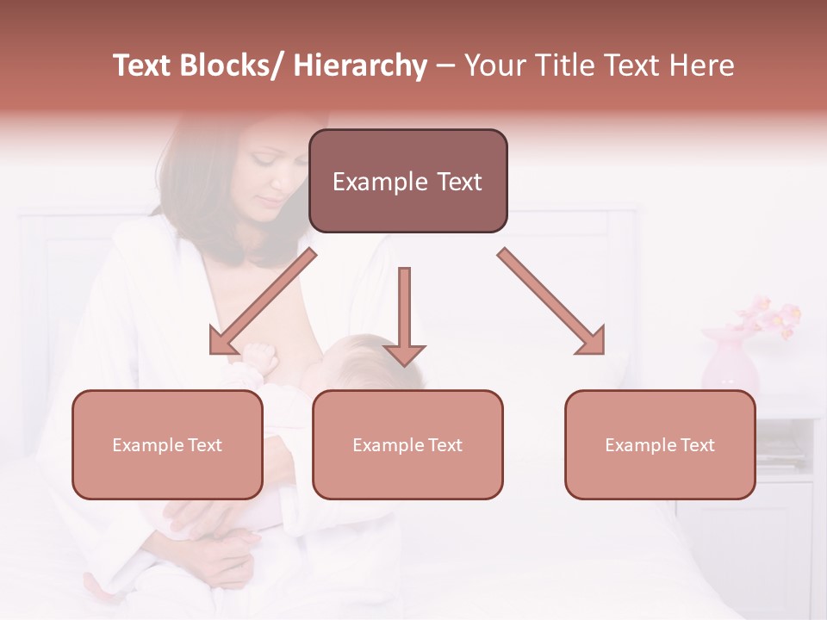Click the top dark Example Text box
407,181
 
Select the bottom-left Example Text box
167,444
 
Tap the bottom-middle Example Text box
407,444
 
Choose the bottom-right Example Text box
660,444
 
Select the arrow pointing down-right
552,302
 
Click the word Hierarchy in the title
360,66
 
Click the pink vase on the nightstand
729,362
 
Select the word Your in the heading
493,66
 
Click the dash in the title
445,66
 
